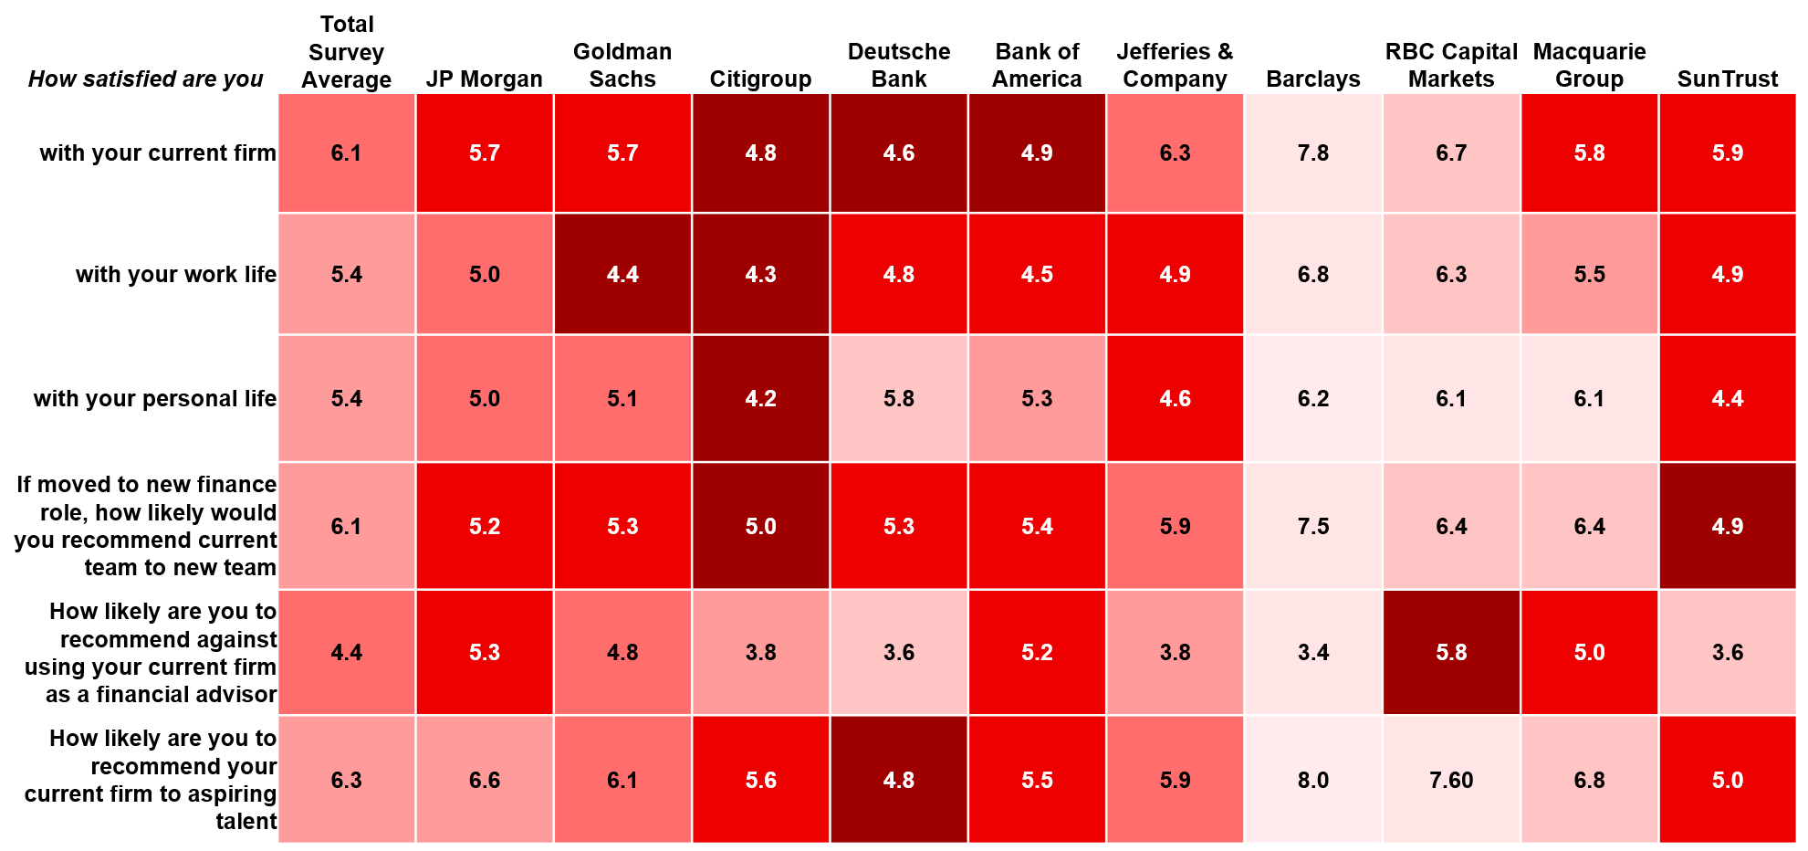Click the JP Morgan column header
point(484,79)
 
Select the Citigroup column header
point(760,79)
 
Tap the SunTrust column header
point(1727,79)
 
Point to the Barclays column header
point(1312,79)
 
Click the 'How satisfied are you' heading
point(146,79)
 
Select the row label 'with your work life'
point(176,274)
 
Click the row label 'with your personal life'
point(155,398)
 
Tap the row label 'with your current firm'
point(158,152)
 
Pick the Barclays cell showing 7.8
point(1313,153)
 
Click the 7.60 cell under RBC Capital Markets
point(1451,780)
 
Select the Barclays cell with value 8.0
point(1313,780)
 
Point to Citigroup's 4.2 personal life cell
point(760,398)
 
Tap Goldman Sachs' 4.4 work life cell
point(622,274)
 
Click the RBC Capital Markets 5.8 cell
point(1451,652)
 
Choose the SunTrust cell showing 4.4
point(1728,398)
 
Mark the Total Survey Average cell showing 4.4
point(347,652)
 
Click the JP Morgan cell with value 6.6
point(485,780)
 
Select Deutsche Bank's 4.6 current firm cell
point(899,153)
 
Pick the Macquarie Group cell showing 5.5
point(1589,274)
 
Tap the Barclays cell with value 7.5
point(1313,526)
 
